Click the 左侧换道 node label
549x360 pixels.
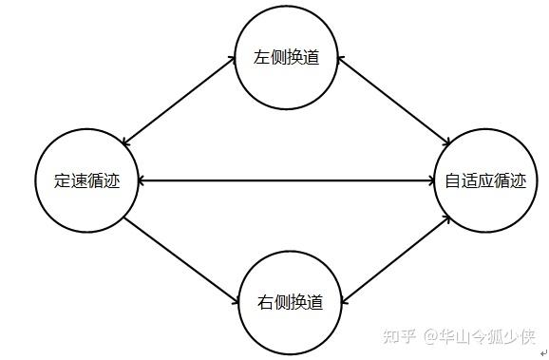click(x=287, y=57)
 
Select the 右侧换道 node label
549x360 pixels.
click(x=290, y=302)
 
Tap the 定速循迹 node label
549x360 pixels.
click(x=86, y=180)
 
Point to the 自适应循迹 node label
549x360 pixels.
click(x=485, y=180)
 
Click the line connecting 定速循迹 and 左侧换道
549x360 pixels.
click(x=179, y=101)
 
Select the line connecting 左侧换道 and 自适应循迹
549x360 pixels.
click(x=394, y=101)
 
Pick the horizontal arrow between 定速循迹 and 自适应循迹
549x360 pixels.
click(x=286, y=180)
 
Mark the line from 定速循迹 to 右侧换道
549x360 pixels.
click(x=181, y=260)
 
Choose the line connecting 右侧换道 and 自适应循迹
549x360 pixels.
click(x=395, y=260)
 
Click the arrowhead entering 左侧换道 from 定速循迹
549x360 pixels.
click(x=232, y=59)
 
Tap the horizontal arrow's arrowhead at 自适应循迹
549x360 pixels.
click(x=431, y=180)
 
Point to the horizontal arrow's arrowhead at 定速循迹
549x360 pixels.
click(x=142, y=180)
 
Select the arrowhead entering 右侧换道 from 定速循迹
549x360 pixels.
click(x=236, y=301)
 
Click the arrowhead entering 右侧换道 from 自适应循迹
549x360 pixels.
click(x=344, y=301)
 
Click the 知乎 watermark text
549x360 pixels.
click(x=400, y=336)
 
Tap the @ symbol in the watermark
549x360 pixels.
click(x=431, y=337)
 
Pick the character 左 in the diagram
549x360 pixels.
click(x=261, y=57)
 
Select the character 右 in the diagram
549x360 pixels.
click(x=265, y=302)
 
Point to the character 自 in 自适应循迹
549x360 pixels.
click(x=452, y=180)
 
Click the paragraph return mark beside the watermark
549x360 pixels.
click(x=543, y=353)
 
